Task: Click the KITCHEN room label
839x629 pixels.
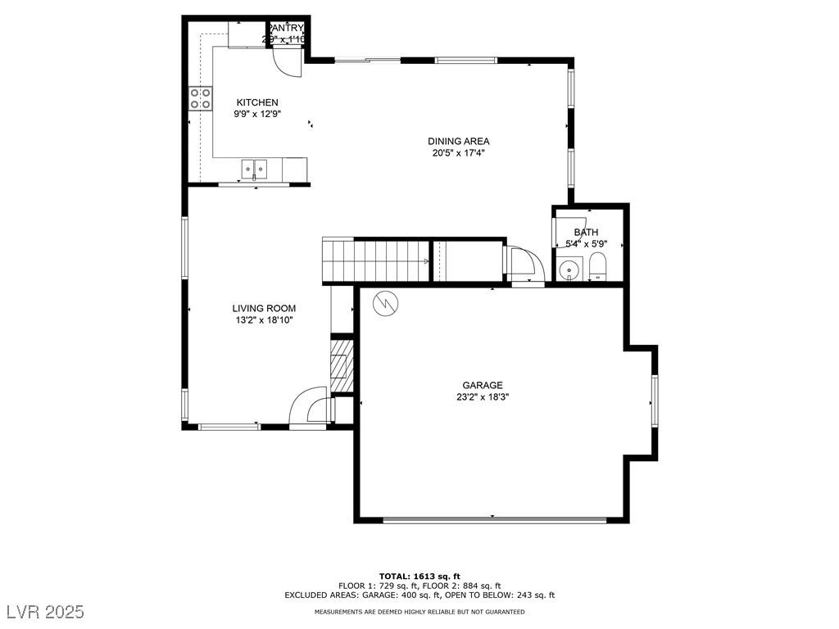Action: pyautogui.click(x=257, y=102)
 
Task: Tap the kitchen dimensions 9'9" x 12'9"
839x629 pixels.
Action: pyautogui.click(x=258, y=115)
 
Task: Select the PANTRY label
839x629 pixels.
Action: pyautogui.click(x=286, y=28)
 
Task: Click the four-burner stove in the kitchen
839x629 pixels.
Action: pyautogui.click(x=199, y=98)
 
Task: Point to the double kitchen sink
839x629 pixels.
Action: pyautogui.click(x=254, y=170)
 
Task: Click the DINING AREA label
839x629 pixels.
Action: pyautogui.click(x=458, y=141)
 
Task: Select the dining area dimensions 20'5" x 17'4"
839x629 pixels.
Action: pyautogui.click(x=458, y=153)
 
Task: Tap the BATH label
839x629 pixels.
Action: pyautogui.click(x=586, y=233)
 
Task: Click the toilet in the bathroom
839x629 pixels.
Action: pyautogui.click(x=597, y=266)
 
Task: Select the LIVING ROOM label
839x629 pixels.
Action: pyautogui.click(x=263, y=309)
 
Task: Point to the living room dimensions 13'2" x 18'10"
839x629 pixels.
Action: pyautogui.click(x=263, y=321)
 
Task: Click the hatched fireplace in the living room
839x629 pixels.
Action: pyautogui.click(x=342, y=366)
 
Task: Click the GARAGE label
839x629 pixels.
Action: pyautogui.click(x=482, y=385)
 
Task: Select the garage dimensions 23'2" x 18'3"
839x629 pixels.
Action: pyautogui.click(x=482, y=397)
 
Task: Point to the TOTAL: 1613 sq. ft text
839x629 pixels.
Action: pyautogui.click(x=419, y=576)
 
